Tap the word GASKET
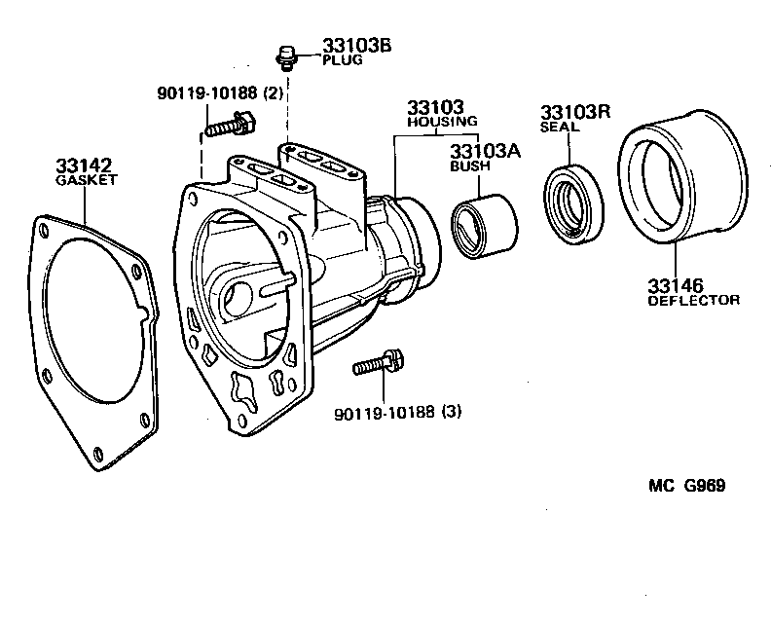(x=86, y=181)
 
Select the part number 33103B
(x=356, y=46)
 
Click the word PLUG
(x=342, y=59)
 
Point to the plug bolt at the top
(x=287, y=57)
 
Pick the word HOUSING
(x=442, y=122)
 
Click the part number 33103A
(x=485, y=151)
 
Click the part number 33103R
(x=575, y=112)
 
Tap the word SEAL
(x=560, y=127)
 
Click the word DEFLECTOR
(x=693, y=300)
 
